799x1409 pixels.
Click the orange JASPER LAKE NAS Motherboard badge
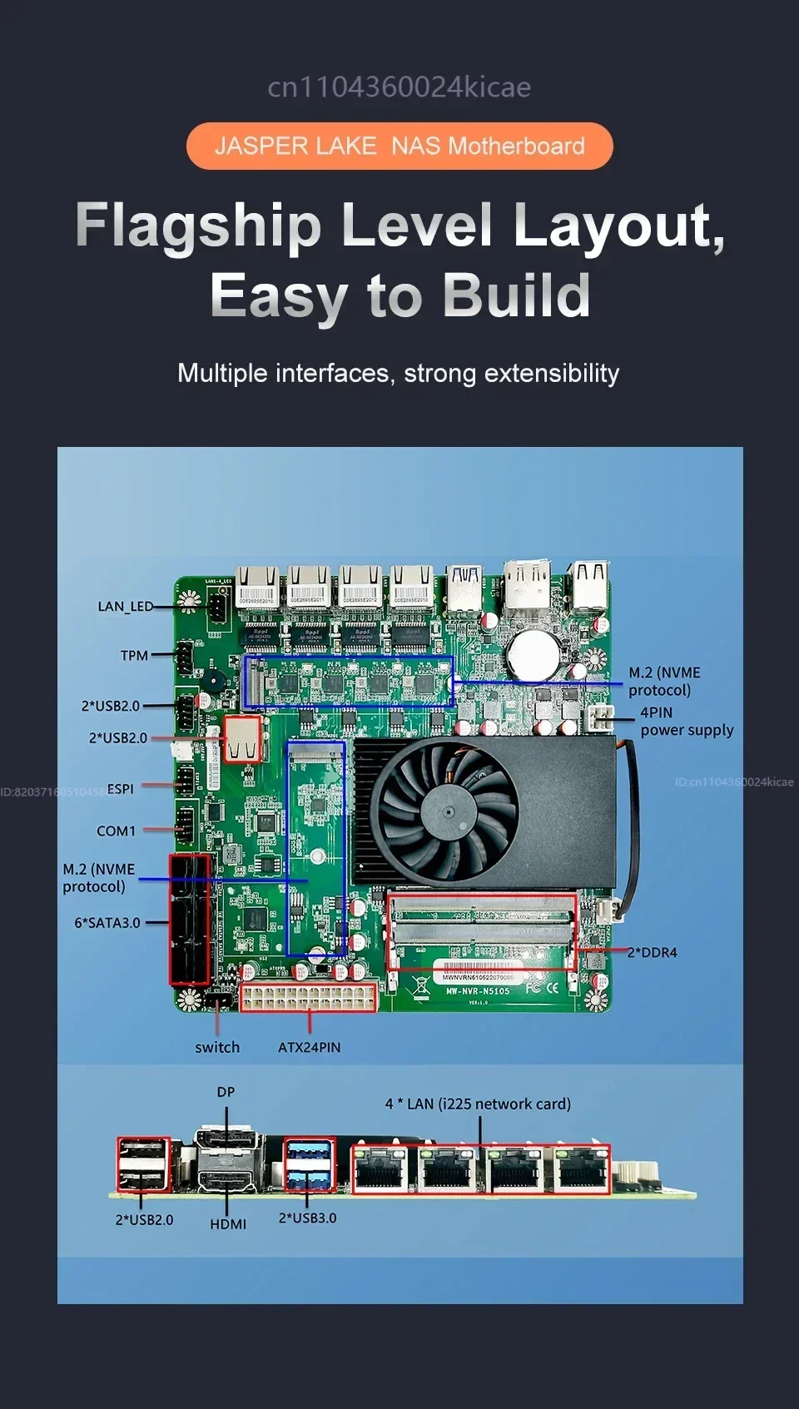pyautogui.click(x=399, y=146)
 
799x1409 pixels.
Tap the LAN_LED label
pyautogui.click(x=125, y=607)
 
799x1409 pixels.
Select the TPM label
pyautogui.click(x=134, y=656)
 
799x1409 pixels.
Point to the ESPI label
pyautogui.click(x=120, y=789)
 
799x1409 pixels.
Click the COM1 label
pyautogui.click(x=116, y=831)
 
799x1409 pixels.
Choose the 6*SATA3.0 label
pyautogui.click(x=107, y=922)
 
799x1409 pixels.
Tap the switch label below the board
pyautogui.click(x=217, y=1047)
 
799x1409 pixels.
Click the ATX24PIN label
pyautogui.click(x=309, y=1047)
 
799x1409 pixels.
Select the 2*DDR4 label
pyautogui.click(x=653, y=952)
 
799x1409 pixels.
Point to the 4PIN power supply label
pyautogui.click(x=686, y=722)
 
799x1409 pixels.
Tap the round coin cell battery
pyautogui.click(x=533, y=653)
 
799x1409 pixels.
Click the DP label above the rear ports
pyautogui.click(x=226, y=1091)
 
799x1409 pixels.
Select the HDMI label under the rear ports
pyautogui.click(x=228, y=1223)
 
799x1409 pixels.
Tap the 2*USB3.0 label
pyautogui.click(x=307, y=1218)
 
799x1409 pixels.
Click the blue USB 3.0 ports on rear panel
pyautogui.click(x=309, y=1165)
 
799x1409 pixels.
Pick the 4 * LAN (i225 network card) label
pyautogui.click(x=478, y=1104)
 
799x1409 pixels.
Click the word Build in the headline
pyautogui.click(x=516, y=295)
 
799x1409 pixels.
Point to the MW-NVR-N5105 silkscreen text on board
pyautogui.click(x=478, y=991)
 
